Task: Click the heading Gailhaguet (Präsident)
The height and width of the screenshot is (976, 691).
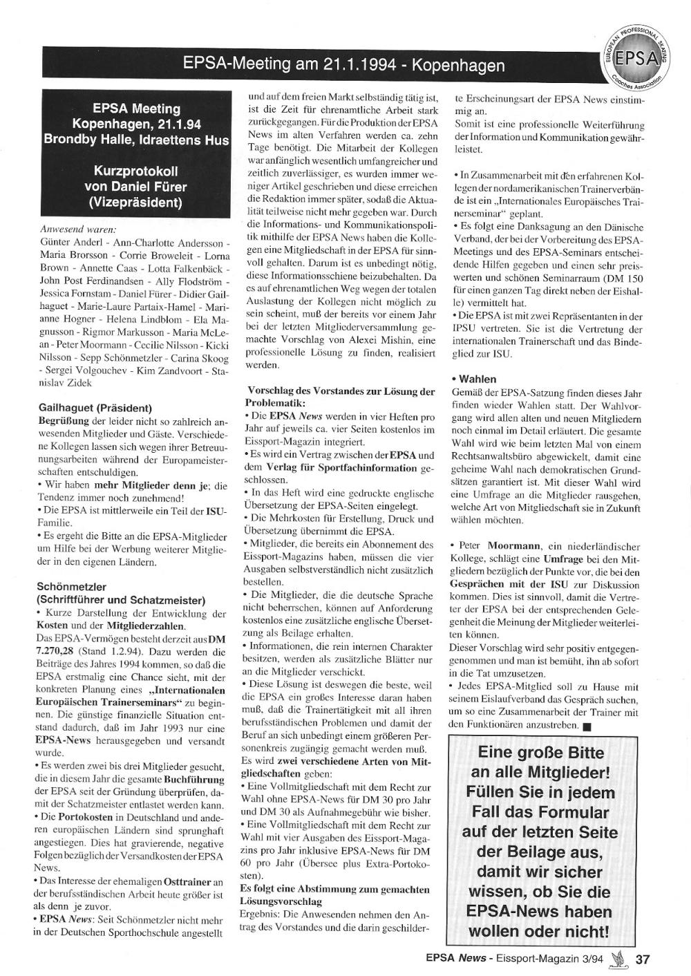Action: (x=95, y=408)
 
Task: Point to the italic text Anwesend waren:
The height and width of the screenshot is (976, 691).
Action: (x=77, y=229)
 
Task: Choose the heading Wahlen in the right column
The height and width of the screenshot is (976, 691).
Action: (x=476, y=379)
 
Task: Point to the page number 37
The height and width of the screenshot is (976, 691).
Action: (x=643, y=959)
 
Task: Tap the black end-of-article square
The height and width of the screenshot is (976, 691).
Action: (x=585, y=726)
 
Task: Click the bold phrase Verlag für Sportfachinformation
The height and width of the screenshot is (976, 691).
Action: (x=358, y=467)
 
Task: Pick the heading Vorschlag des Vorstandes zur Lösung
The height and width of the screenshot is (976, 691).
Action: (x=340, y=391)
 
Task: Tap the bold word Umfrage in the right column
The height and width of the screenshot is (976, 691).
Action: (x=567, y=558)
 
